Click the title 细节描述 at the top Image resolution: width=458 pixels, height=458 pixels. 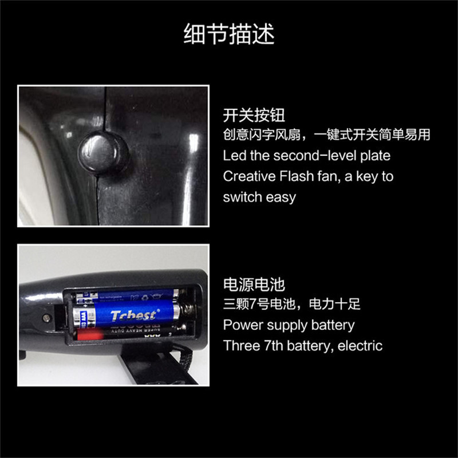[x=229, y=34]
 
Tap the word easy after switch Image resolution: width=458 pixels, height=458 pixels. [x=281, y=197]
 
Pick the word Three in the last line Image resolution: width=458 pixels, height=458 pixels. [x=240, y=346]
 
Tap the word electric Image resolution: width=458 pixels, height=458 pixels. [x=360, y=346]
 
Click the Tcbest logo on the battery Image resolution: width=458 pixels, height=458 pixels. [x=133, y=315]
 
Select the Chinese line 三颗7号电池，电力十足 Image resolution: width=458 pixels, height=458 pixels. [x=292, y=305]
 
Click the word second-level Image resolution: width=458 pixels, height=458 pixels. [x=331, y=156]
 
